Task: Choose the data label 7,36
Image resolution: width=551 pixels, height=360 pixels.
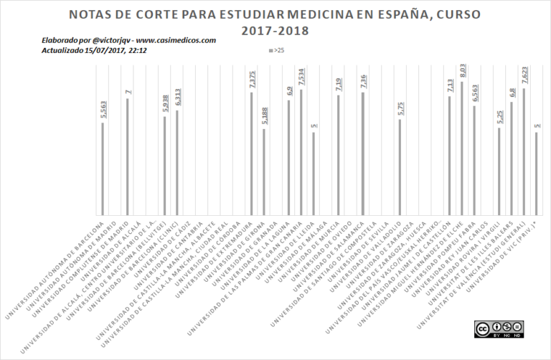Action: tap(363, 80)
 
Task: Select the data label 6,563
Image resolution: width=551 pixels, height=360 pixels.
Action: tap(474, 94)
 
